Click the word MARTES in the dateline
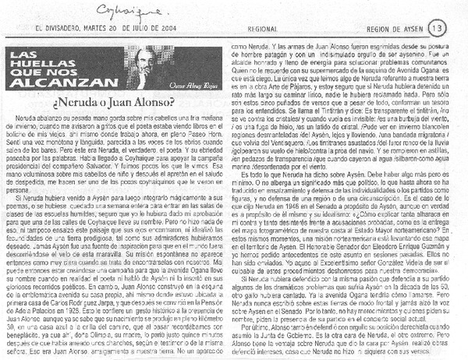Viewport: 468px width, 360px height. click(97, 29)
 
